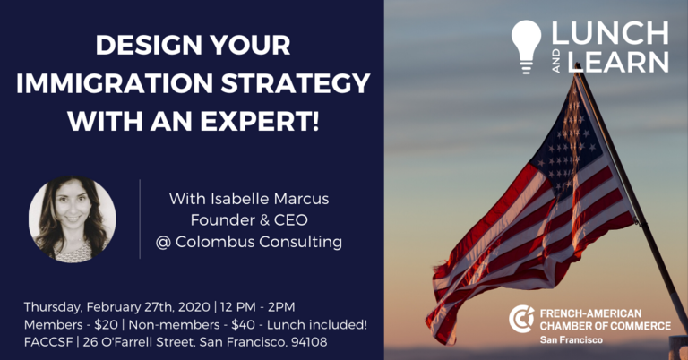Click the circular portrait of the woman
click(x=73, y=219)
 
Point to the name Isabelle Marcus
click(x=270, y=199)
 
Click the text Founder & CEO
click(x=249, y=219)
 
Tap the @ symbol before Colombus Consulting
click(x=163, y=242)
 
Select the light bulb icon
click(x=527, y=47)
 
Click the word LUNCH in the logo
click(x=610, y=33)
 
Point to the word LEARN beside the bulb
click(x=618, y=62)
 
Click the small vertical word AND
click(x=556, y=62)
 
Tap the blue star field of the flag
click(x=565, y=141)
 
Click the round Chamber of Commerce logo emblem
click(x=521, y=319)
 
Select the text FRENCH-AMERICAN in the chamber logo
click(x=590, y=313)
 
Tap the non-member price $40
click(x=243, y=325)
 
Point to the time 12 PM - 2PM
click(x=258, y=307)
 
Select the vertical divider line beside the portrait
click(x=140, y=219)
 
